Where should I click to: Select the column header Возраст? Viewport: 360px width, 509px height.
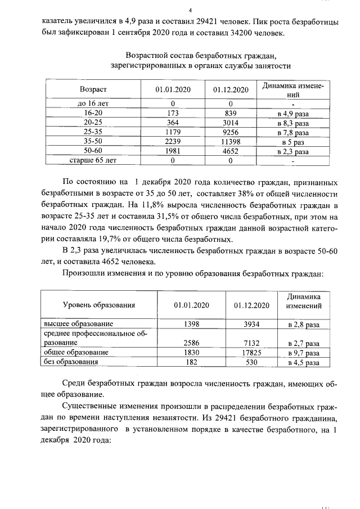coord(93,90)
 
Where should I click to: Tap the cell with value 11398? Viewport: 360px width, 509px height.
coord(231,142)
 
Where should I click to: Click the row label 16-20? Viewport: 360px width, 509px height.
coord(93,113)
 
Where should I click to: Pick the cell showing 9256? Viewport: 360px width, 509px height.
coord(231,132)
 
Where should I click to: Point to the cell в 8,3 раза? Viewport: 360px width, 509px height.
coord(293,123)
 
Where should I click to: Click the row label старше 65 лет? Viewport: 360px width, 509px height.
coord(93,161)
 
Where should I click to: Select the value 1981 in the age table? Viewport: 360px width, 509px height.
coord(173,151)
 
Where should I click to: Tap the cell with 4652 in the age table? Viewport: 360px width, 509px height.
coord(231,151)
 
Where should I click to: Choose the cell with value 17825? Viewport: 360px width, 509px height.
coord(249,353)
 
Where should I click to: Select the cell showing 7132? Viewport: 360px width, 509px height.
coord(249,343)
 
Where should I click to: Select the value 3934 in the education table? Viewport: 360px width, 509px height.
coord(249,324)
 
